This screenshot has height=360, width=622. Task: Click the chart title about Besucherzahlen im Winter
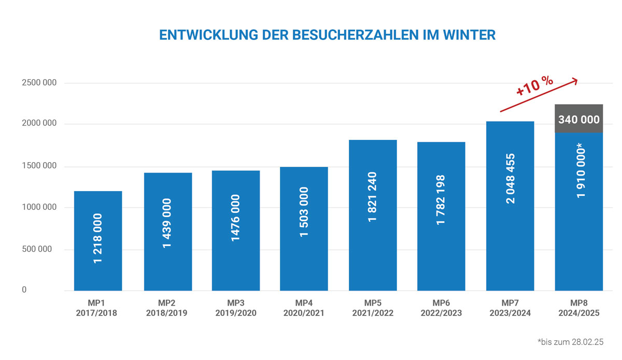tap(327, 35)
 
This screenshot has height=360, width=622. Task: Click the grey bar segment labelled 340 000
tap(578, 119)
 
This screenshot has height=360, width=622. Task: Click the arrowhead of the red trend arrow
tap(574, 80)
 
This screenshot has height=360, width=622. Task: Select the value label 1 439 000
tap(167, 223)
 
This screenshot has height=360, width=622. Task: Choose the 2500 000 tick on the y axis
tap(39, 83)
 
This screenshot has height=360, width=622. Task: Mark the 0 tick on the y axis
tap(24, 290)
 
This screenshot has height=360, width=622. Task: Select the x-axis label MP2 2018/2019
tap(167, 308)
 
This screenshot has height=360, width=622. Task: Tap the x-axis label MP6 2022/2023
tap(442, 308)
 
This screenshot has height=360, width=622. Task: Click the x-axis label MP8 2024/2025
tap(579, 308)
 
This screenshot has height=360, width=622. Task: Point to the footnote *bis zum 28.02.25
tap(571, 342)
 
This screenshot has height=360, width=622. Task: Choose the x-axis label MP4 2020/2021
tap(304, 308)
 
